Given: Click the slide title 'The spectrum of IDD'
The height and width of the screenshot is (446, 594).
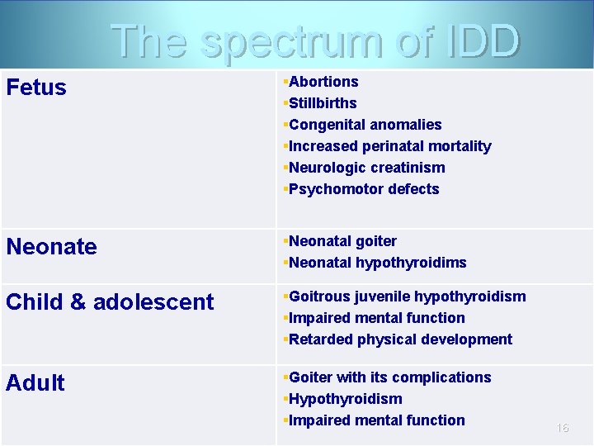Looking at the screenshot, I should pyautogui.click(x=315, y=41).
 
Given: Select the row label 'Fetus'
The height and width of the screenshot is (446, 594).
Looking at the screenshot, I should pyautogui.click(x=36, y=88).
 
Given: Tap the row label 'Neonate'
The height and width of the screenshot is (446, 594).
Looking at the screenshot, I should pyautogui.click(x=51, y=247).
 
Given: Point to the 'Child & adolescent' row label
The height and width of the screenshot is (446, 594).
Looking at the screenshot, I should pyautogui.click(x=110, y=302).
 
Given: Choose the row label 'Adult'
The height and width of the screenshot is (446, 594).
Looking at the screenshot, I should pyautogui.click(x=35, y=383).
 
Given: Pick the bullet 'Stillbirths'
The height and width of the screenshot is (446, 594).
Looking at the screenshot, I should pyautogui.click(x=323, y=103).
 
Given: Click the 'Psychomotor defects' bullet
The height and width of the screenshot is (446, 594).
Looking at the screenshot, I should pyautogui.click(x=364, y=189).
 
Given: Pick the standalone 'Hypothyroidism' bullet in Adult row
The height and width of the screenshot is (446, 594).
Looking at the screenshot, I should pyautogui.click(x=345, y=399).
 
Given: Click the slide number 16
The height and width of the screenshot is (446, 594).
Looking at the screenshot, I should pyautogui.click(x=563, y=428).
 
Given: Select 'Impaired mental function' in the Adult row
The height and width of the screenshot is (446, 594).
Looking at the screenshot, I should pyautogui.click(x=376, y=420).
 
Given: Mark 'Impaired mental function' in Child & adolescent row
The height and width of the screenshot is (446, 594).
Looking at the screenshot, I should pyautogui.click(x=376, y=318).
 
